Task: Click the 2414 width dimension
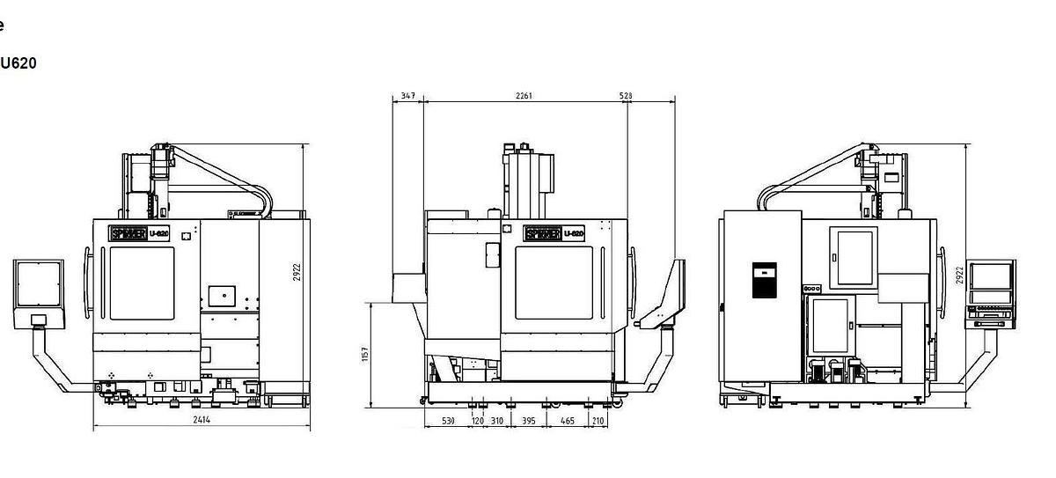tap(202, 421)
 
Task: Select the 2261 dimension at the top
tap(524, 95)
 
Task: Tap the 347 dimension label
tap(407, 95)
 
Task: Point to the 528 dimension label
tap(626, 95)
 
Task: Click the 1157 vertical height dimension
tap(365, 354)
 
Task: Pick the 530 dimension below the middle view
tap(448, 422)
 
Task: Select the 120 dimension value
tap(478, 422)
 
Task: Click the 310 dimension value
tap(497, 422)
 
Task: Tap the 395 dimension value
tap(529, 422)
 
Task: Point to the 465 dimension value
tap(568, 422)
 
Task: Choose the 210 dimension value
tap(598, 422)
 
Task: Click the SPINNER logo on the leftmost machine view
tap(128, 234)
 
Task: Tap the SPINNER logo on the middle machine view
tap(541, 234)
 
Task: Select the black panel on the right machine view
tap(764, 280)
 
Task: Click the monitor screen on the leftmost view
tap(39, 284)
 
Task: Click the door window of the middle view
tap(553, 282)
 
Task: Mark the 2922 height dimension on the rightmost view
tap(960, 275)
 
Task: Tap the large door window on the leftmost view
tap(142, 283)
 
